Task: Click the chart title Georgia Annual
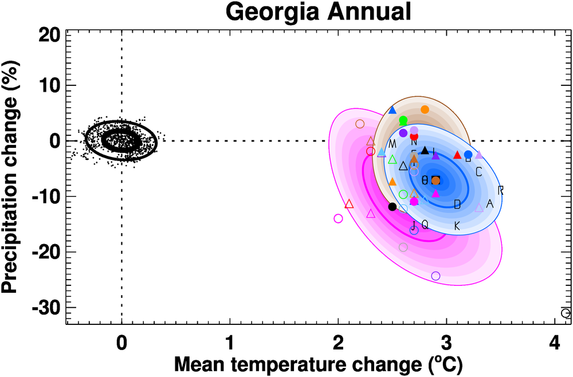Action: pos(318,11)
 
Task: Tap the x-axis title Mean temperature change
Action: pos(317,363)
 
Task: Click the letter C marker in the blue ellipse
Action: pos(479,172)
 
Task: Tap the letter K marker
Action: pos(457,226)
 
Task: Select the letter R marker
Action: pos(500,190)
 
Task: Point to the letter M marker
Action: pos(393,143)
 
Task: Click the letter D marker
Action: pos(457,204)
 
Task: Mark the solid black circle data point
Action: pos(393,206)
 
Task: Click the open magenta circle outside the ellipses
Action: pos(338,218)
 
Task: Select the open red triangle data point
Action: pos(349,203)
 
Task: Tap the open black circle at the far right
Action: pos(566,313)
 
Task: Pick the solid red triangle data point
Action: pos(457,155)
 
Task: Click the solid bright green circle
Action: pos(403,120)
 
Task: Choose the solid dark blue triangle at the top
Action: pos(393,110)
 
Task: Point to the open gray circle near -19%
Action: pos(403,248)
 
